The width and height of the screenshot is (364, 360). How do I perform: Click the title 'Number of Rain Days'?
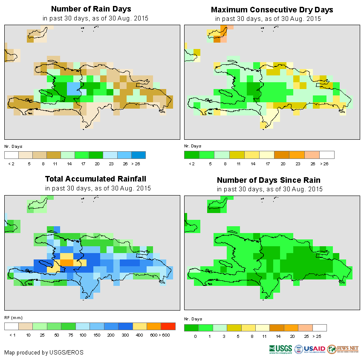pyautogui.click(x=91, y=9)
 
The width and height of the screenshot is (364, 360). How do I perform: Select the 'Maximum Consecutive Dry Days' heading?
pyautogui.click(x=272, y=10)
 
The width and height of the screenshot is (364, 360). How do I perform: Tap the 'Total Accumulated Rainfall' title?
pyautogui.click(x=92, y=179)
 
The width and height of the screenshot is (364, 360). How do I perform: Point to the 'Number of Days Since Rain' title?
pyautogui.click(x=269, y=180)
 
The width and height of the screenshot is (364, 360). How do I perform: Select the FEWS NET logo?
pyautogui.click(x=343, y=349)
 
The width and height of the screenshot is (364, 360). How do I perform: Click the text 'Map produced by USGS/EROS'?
pyautogui.click(x=44, y=352)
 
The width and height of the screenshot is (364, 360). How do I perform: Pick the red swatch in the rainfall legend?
pyautogui.click(x=168, y=326)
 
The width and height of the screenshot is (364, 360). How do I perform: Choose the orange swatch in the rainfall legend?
pyautogui.click(x=154, y=326)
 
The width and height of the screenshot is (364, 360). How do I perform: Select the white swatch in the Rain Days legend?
pyautogui.click(x=12, y=155)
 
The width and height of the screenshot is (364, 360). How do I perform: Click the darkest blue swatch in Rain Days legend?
pyautogui.click(x=139, y=155)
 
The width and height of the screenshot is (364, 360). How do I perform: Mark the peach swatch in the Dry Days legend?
pyautogui.click(x=312, y=155)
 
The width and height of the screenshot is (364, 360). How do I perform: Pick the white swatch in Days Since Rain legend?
pyautogui.click(x=319, y=328)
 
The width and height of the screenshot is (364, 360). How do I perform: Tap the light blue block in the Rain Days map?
pyautogui.click(x=74, y=90)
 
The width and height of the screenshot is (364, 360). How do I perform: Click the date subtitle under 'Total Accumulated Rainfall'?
pyautogui.click(x=98, y=188)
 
